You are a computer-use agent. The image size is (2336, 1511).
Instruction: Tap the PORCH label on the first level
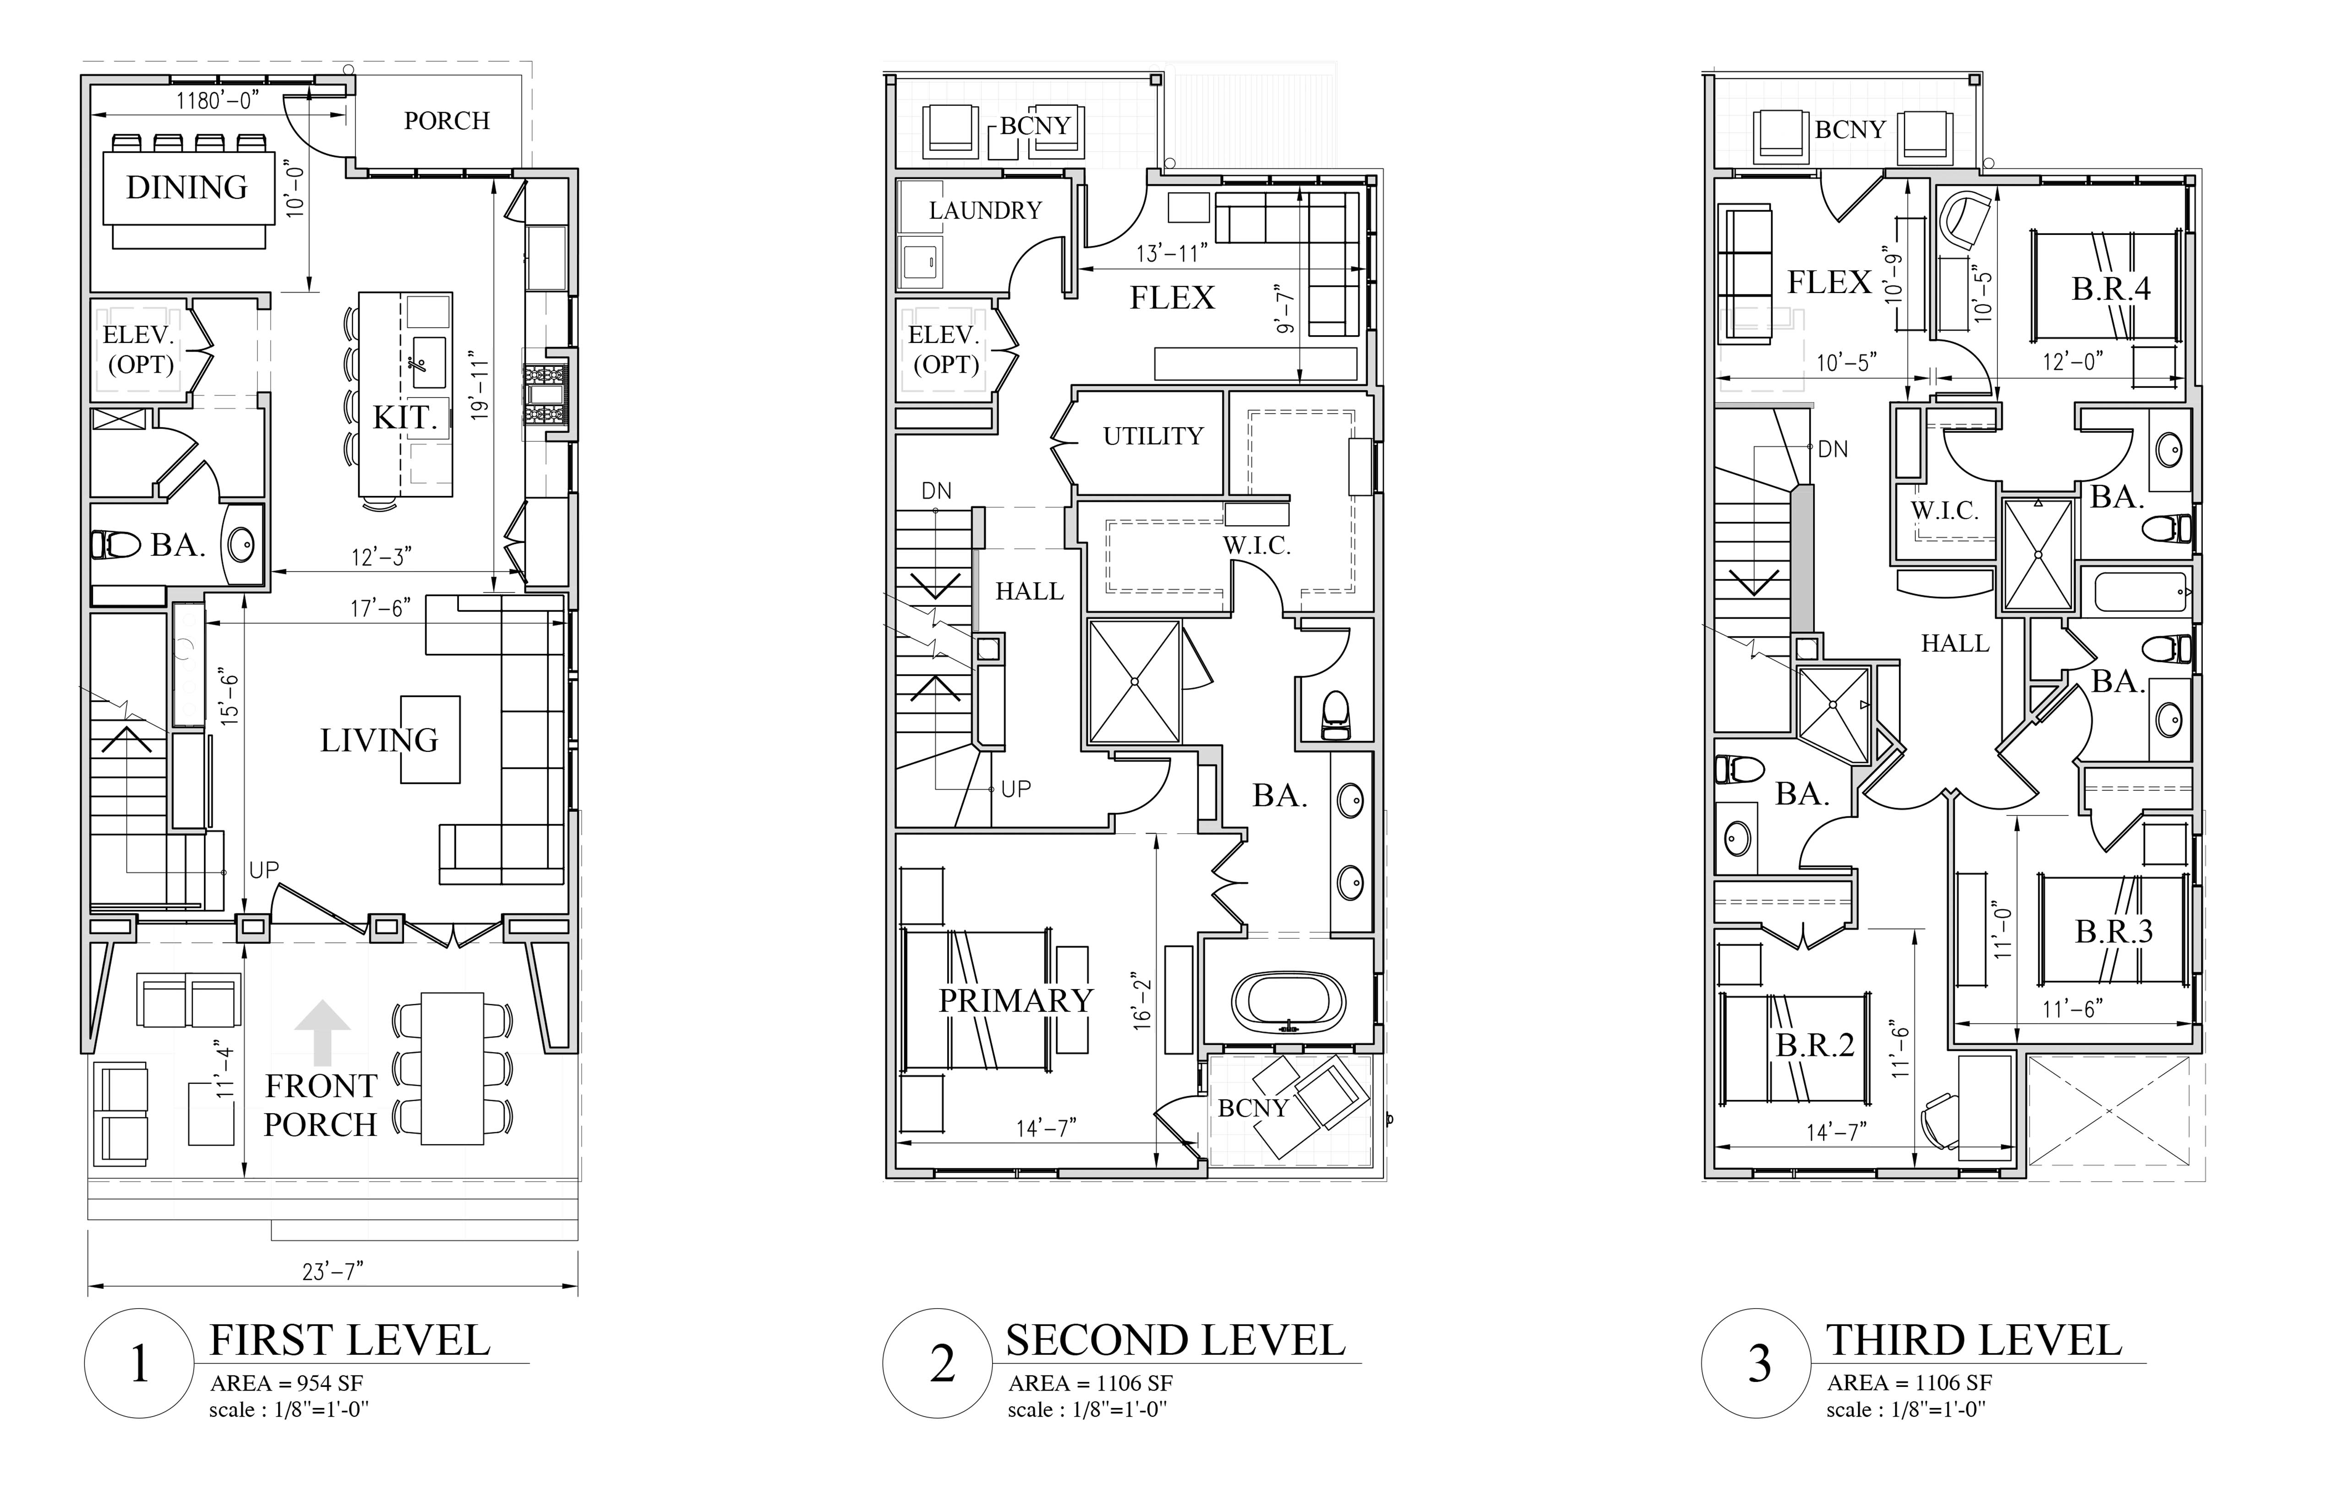point(447,121)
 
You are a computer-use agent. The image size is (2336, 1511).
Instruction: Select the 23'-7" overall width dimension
point(333,1272)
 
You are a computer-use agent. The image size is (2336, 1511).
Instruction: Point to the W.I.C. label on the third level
point(1944,510)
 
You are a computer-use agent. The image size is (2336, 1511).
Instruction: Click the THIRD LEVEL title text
point(1974,1340)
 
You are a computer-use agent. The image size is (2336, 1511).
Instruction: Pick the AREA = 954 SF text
point(287,1383)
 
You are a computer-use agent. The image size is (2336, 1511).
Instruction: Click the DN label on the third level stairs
point(1833,449)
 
